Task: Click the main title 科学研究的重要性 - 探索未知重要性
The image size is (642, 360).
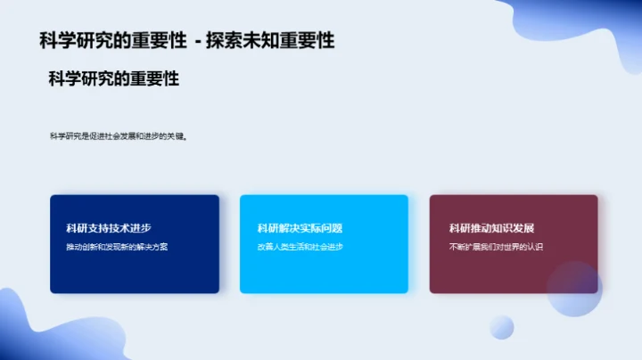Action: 187,41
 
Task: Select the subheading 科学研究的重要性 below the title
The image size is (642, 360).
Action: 114,78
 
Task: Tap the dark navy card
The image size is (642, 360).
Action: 134,267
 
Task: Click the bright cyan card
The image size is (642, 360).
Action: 324,267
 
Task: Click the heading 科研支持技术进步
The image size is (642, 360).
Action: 103,228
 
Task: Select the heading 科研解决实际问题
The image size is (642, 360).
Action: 300,228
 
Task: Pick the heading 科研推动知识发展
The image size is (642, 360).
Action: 491,228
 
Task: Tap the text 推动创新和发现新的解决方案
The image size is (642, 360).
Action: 117,247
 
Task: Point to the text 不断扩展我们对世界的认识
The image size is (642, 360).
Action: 497,247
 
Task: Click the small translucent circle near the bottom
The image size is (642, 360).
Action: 502,327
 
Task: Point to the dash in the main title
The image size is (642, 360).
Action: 197,41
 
